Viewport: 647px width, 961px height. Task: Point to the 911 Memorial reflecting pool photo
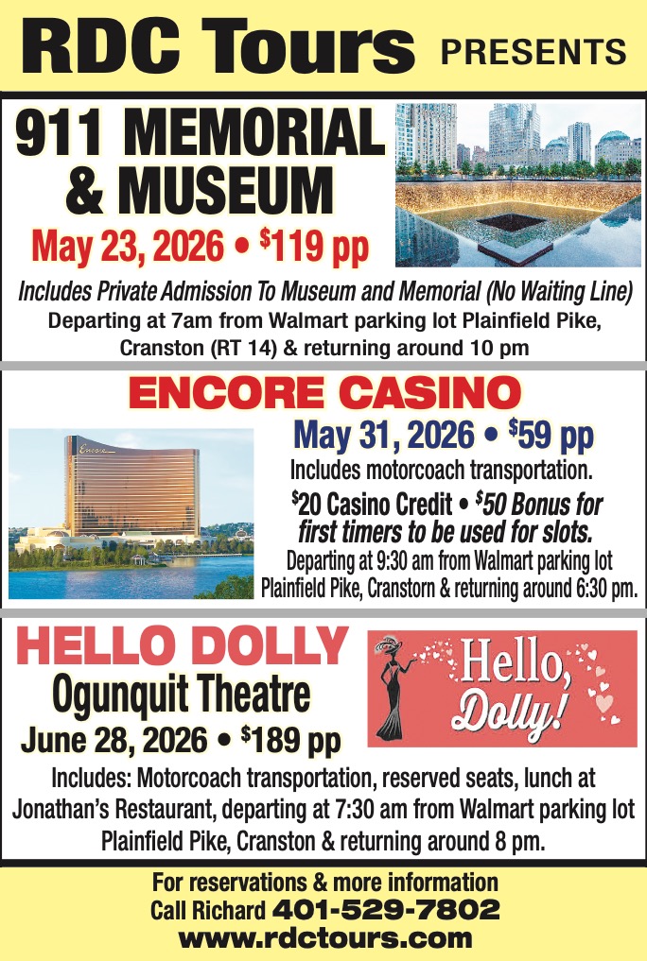pyautogui.click(x=517, y=185)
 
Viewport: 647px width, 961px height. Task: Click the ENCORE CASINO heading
pyautogui.click(x=323, y=394)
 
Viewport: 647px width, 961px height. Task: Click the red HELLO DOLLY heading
pyautogui.click(x=183, y=646)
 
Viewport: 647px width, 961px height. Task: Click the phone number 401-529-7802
pyautogui.click(x=386, y=910)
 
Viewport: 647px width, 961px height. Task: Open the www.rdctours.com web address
pyautogui.click(x=324, y=938)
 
